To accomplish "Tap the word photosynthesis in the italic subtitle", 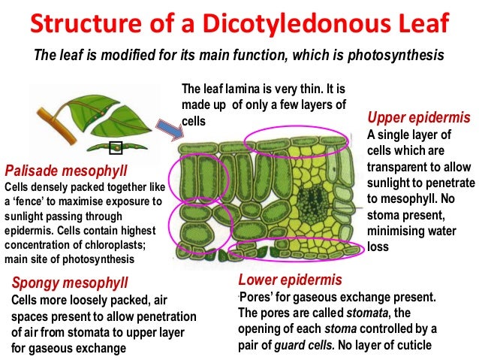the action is (x=398, y=56).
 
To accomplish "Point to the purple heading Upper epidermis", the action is (x=418, y=118).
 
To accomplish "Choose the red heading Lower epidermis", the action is (x=290, y=280).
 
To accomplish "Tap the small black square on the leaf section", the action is (x=116, y=147).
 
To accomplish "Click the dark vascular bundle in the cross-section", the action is (x=308, y=203).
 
